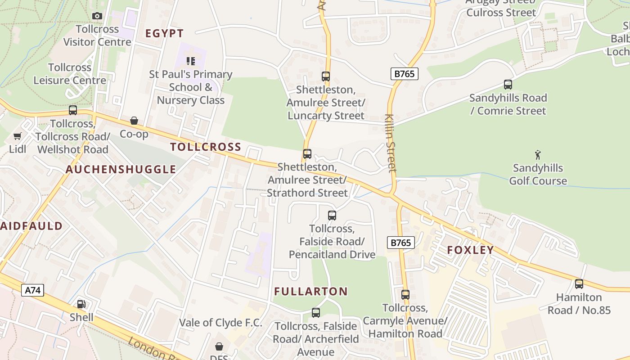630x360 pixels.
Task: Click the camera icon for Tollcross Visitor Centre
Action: click(x=97, y=16)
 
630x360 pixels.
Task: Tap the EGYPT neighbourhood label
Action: click(x=165, y=33)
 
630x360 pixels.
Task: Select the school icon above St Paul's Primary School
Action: click(x=191, y=61)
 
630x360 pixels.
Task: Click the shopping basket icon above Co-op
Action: click(x=134, y=121)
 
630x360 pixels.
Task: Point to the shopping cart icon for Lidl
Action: click(x=18, y=136)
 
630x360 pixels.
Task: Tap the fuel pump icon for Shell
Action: click(x=81, y=305)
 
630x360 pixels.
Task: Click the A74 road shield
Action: click(x=33, y=290)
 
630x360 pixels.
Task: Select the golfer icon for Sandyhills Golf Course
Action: click(x=538, y=155)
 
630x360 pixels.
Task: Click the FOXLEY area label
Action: click(x=470, y=250)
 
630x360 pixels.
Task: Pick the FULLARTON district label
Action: click(x=311, y=292)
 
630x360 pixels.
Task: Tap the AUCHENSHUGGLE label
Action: click(x=121, y=170)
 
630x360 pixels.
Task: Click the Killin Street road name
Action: click(x=391, y=143)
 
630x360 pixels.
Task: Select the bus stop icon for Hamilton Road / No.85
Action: click(x=579, y=284)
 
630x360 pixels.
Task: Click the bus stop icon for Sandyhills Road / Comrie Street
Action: click(x=508, y=85)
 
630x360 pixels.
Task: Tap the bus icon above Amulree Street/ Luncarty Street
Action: click(x=326, y=76)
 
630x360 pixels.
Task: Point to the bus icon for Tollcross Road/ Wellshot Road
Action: click(x=73, y=110)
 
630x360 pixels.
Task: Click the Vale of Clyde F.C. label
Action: click(x=220, y=323)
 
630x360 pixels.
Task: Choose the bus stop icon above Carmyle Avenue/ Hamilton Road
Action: click(x=405, y=295)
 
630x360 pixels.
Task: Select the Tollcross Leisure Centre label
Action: click(x=70, y=74)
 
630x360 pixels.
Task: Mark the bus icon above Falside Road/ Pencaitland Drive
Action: click(x=332, y=216)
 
